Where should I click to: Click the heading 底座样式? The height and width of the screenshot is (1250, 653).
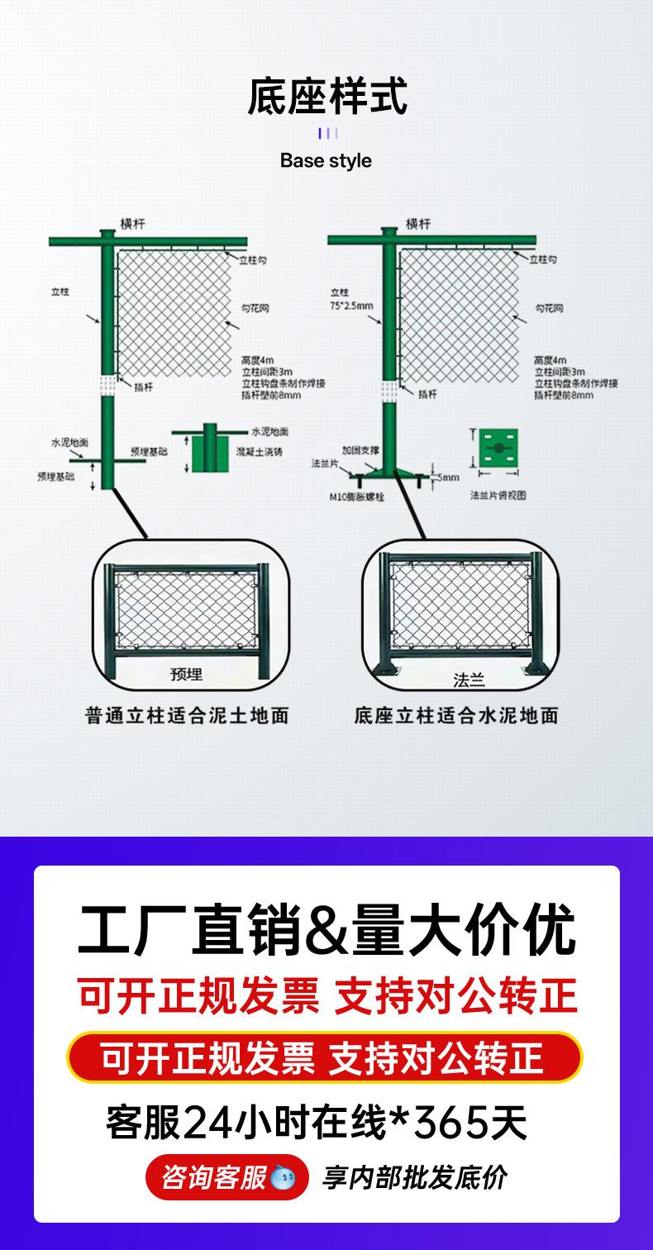pos(326,97)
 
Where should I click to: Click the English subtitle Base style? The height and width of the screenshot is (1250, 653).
pos(326,160)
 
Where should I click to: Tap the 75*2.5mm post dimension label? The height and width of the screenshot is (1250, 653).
pos(351,306)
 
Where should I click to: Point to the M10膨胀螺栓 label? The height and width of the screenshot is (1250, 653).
pos(356,498)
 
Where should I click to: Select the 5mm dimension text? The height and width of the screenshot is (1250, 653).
pos(448,478)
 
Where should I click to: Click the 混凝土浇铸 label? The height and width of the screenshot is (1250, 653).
pos(259,452)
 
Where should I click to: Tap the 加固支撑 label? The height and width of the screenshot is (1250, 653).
pos(361,450)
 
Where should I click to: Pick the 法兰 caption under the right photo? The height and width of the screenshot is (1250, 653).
pos(469,680)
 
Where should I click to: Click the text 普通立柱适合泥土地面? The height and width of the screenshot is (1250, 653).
pos(187,716)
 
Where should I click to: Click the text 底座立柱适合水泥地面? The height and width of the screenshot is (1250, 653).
pos(456,716)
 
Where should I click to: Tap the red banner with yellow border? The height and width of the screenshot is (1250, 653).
pos(325,1057)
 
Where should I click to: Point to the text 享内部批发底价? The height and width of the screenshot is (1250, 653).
pos(414,1177)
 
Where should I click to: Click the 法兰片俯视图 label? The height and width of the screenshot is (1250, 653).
pos(498,495)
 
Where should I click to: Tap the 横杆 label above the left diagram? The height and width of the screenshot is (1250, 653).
pos(133,224)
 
